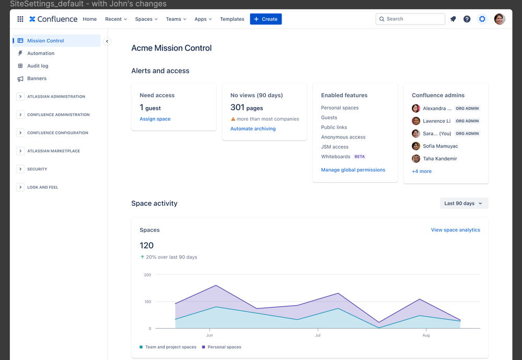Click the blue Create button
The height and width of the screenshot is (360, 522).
click(265, 19)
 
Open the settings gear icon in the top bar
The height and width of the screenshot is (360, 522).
click(482, 19)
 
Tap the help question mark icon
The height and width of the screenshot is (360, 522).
click(467, 19)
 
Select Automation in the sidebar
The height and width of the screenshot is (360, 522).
click(41, 53)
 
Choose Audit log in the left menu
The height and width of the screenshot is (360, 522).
click(38, 66)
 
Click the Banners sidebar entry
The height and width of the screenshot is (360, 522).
click(37, 78)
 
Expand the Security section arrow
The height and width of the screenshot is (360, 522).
click(20, 169)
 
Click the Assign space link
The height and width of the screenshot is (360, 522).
click(155, 119)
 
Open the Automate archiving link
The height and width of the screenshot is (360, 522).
click(253, 129)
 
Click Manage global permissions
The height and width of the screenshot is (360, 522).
click(353, 170)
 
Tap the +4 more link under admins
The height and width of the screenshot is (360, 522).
click(422, 171)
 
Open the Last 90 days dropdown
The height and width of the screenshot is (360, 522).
click(463, 203)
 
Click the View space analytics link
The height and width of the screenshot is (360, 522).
click(455, 230)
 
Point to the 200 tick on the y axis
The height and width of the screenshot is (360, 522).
click(147, 275)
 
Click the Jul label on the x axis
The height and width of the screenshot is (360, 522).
click(318, 335)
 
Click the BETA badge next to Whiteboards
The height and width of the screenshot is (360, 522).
click(359, 157)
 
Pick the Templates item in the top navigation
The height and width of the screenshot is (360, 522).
click(232, 19)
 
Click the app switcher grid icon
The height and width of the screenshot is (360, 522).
click(20, 19)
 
